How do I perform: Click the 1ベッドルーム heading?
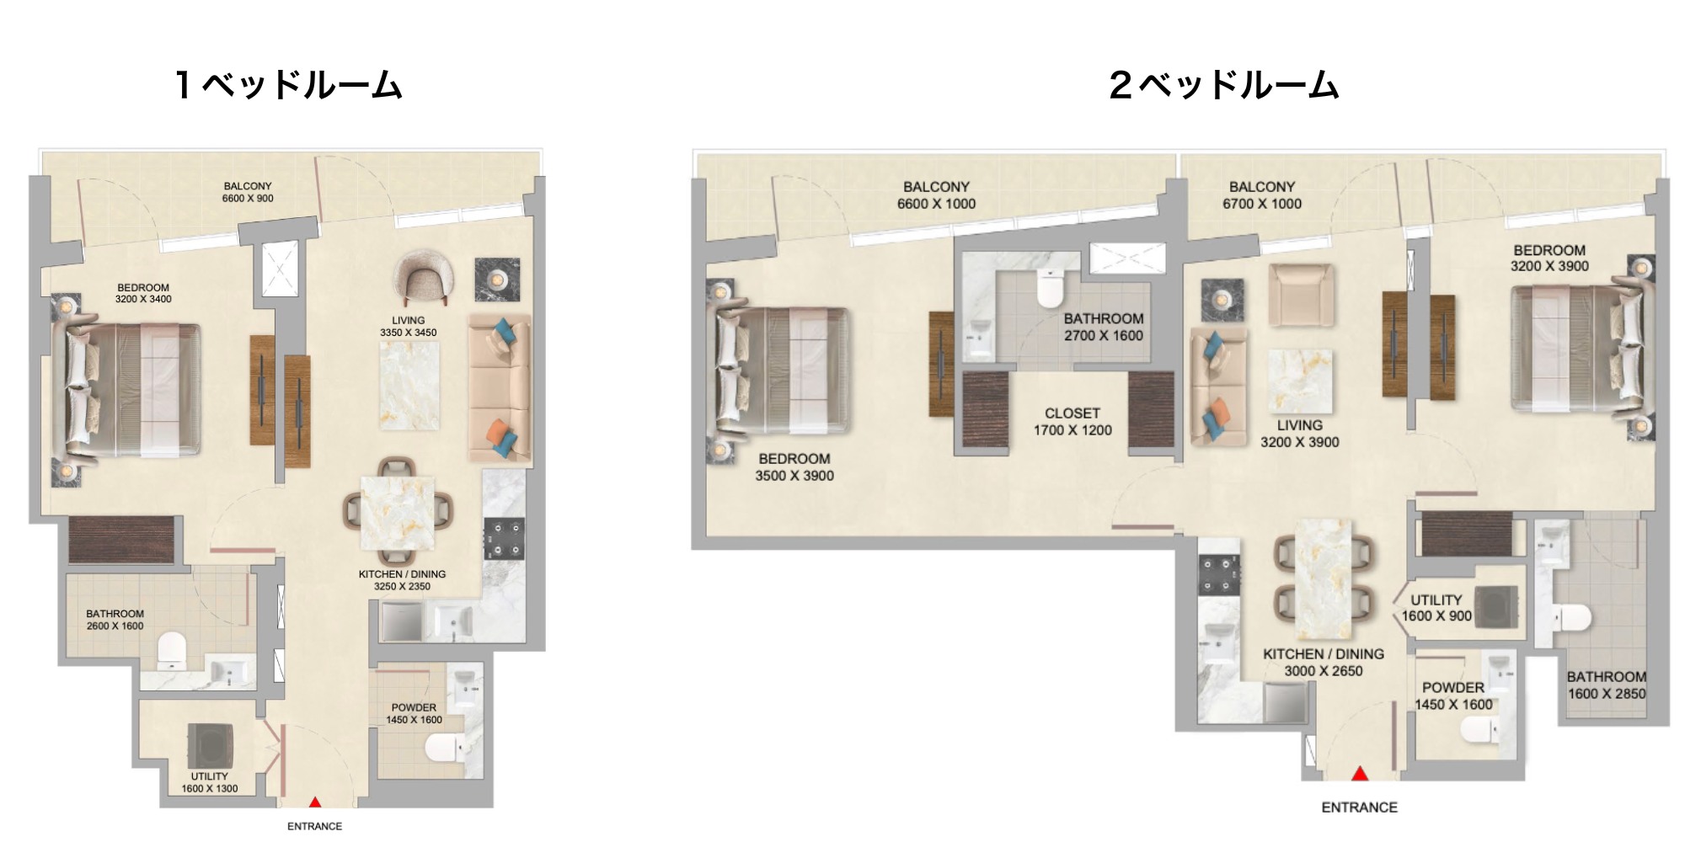click(289, 85)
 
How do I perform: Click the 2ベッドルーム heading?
click(1224, 85)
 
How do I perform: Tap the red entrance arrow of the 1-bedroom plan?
click(314, 802)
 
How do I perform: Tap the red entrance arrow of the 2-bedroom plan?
click(1360, 773)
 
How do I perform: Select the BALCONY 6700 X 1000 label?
click(1262, 195)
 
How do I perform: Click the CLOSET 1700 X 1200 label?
click(1073, 422)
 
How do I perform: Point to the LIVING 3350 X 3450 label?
click(408, 327)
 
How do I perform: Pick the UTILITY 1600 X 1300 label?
click(210, 783)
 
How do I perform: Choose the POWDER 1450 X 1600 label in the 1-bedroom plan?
click(414, 714)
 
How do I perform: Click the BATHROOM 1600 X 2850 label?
click(1607, 685)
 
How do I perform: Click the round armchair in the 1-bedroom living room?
click(424, 279)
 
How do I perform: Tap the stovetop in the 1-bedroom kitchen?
click(504, 539)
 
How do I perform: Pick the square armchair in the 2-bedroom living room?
click(1302, 295)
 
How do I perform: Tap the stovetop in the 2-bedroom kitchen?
click(1219, 576)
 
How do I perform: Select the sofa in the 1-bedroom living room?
click(500, 390)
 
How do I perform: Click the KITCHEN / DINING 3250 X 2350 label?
click(403, 580)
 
